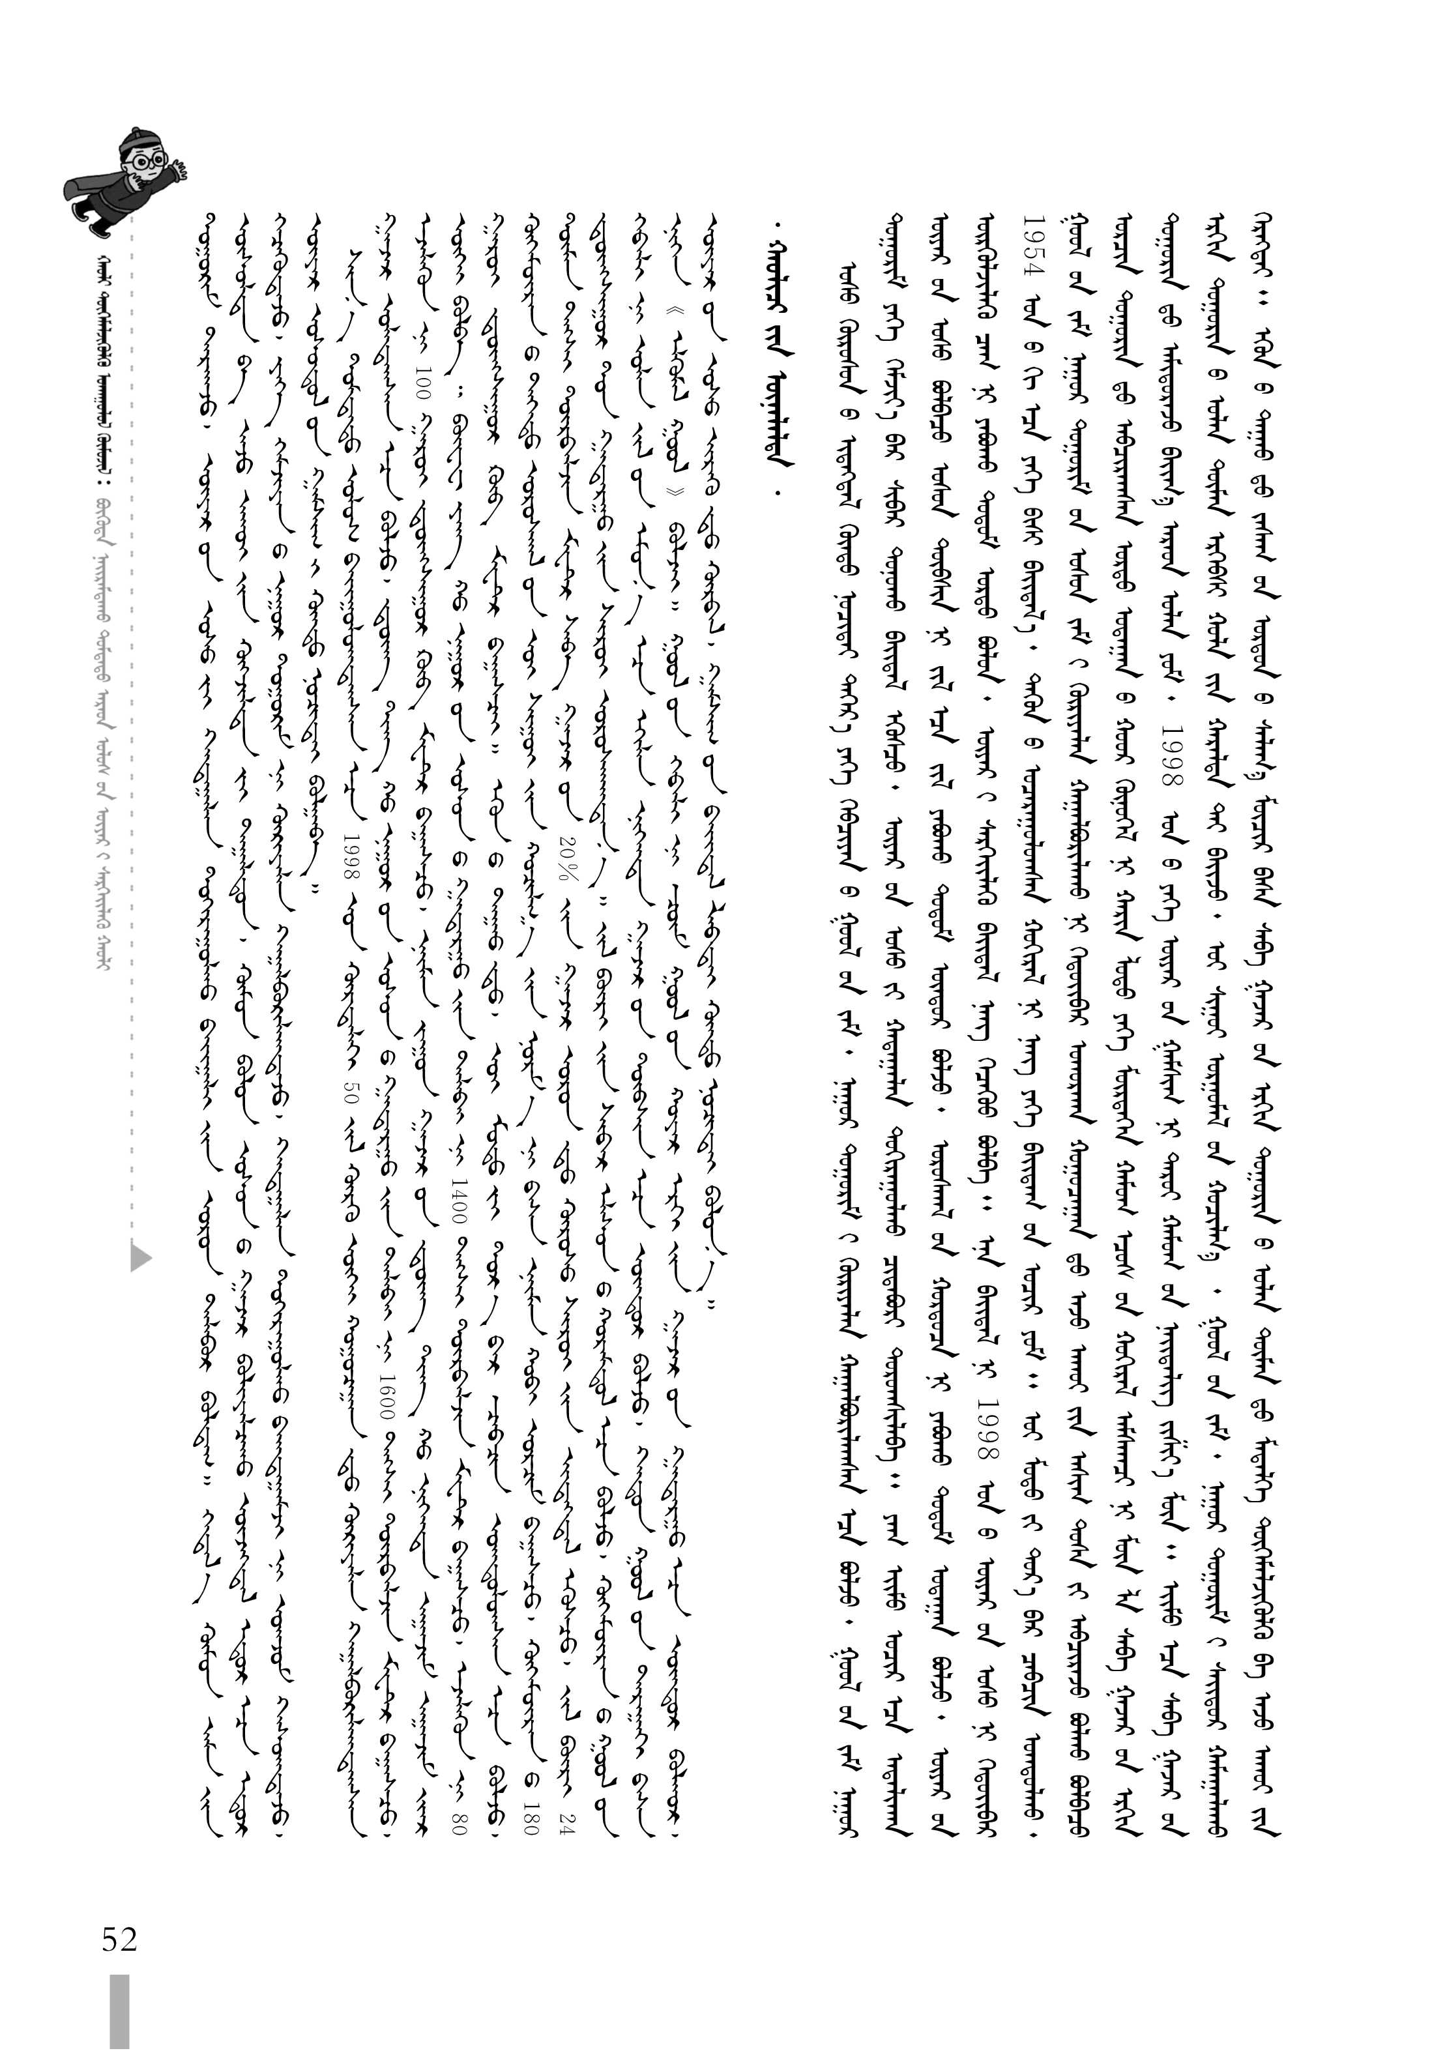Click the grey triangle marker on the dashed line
(x=141, y=1257)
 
